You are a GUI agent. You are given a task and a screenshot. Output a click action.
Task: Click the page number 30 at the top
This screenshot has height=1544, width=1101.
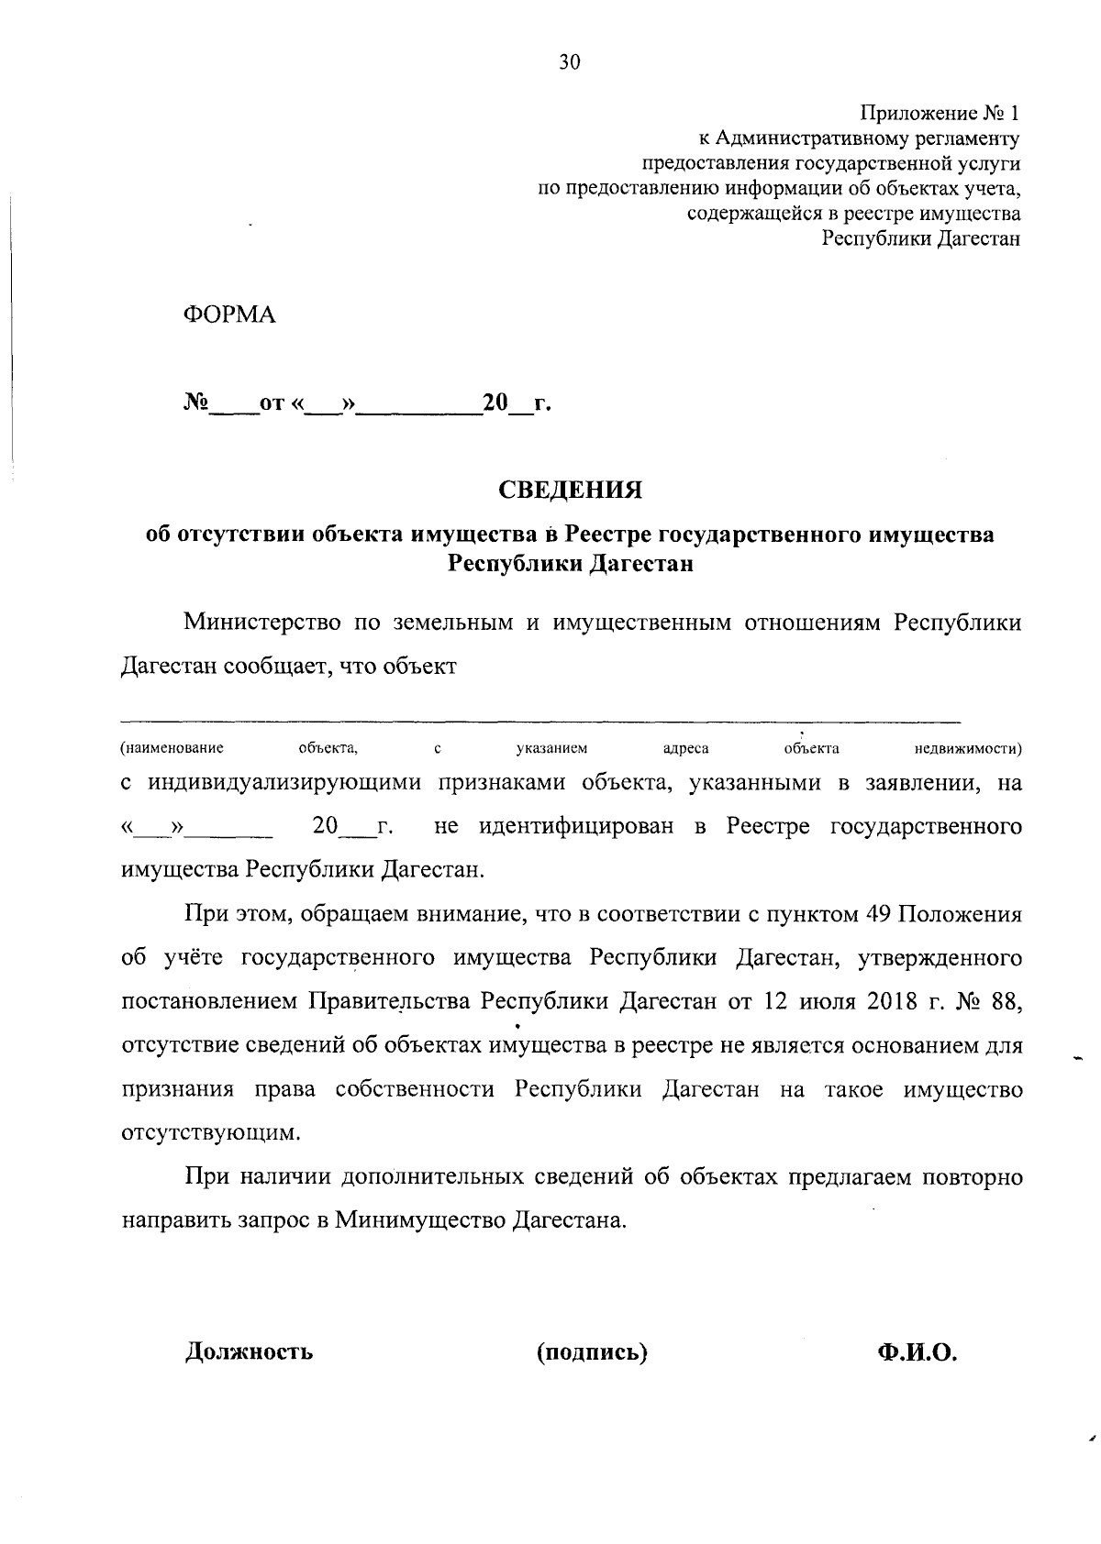tap(569, 62)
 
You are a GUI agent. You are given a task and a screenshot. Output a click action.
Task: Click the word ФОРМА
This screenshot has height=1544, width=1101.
tap(229, 314)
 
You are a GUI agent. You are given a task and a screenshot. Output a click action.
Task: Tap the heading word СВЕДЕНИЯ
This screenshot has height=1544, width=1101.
tap(570, 490)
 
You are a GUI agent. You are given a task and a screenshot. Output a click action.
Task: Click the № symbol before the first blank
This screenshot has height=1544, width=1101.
tap(197, 403)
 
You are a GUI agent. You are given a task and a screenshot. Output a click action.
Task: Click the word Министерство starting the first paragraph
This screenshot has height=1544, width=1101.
tap(262, 623)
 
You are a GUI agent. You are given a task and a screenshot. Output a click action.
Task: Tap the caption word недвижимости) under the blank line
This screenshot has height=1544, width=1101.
tap(969, 749)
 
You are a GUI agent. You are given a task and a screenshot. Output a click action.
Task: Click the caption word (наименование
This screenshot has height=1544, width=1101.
tap(172, 749)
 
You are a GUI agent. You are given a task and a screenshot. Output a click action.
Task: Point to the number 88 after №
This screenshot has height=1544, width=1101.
tap(1006, 1000)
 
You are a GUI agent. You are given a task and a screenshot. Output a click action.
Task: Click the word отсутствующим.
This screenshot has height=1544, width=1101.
tap(211, 1132)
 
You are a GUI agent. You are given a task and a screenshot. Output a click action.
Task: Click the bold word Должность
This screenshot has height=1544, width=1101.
tap(250, 1351)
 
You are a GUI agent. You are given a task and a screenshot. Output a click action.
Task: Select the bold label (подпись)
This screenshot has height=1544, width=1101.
tap(592, 1351)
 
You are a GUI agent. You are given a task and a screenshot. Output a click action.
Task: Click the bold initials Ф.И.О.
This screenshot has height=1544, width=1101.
tap(917, 1351)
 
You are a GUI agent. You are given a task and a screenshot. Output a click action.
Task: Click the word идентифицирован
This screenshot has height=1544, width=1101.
tap(579, 826)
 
